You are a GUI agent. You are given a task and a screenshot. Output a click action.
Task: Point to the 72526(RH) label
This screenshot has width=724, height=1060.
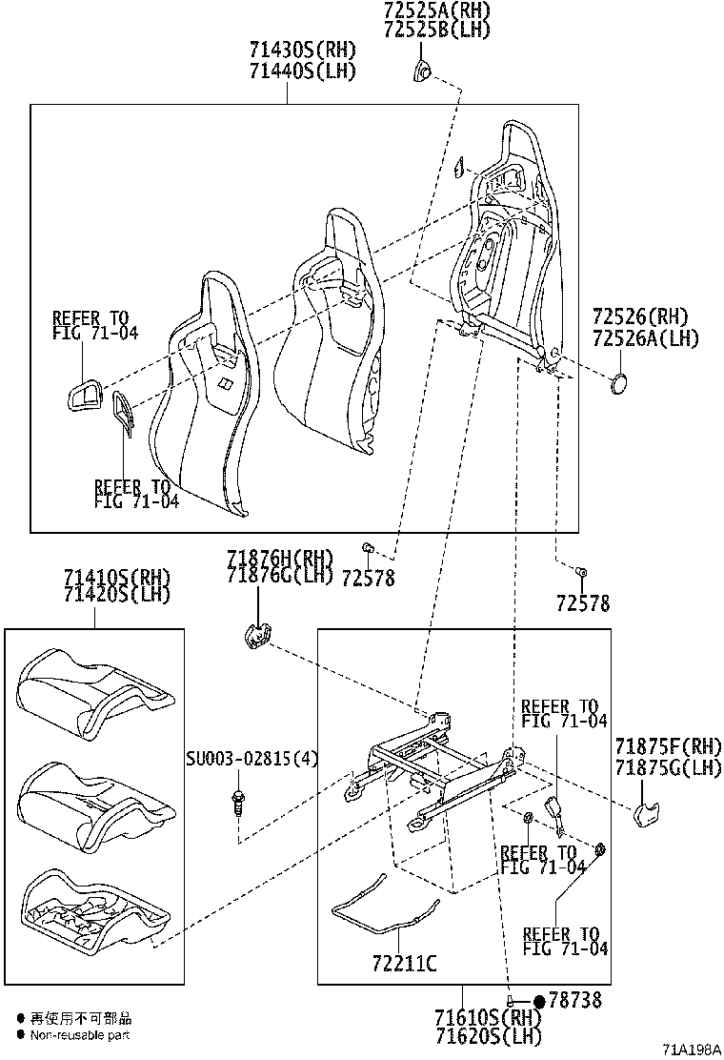pos(639,316)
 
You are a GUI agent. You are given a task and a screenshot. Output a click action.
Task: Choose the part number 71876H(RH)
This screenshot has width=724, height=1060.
pos(279,558)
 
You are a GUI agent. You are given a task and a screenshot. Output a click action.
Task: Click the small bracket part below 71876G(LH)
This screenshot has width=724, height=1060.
pos(255,636)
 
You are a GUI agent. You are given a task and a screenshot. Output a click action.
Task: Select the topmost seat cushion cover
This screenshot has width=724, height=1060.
pos(95,692)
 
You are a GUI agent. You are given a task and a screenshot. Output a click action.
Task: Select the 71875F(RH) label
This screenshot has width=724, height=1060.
pos(668,746)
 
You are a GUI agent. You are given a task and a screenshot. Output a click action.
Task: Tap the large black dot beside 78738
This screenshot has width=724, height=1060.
pos(539,1001)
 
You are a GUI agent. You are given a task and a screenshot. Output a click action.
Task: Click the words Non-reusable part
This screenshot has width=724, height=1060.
pos(80,1035)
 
